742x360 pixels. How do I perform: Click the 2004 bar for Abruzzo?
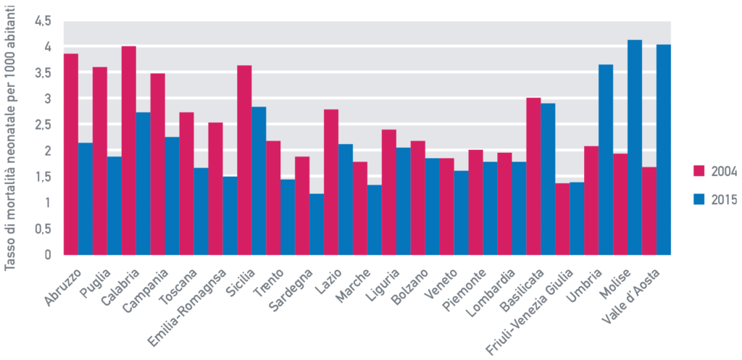click(71, 154)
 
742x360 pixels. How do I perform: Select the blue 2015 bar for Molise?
click(635, 148)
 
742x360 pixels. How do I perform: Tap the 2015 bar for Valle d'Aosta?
click(664, 150)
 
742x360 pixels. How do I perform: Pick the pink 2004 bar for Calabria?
click(129, 151)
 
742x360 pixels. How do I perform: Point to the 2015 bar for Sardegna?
click(317, 225)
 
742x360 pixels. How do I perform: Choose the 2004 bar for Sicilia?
click(244, 160)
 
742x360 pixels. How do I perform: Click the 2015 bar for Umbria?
click(606, 160)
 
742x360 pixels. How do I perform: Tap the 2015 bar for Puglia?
click(114, 206)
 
